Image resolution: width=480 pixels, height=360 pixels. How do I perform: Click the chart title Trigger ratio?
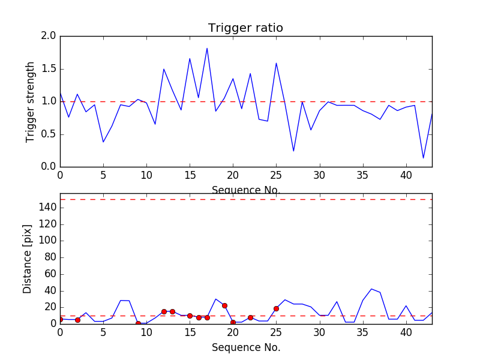pos(245,28)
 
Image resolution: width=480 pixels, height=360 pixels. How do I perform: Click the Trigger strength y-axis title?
pos(31,101)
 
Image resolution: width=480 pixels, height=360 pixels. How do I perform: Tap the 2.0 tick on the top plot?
pos(49,36)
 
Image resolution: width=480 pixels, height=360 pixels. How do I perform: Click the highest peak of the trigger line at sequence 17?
pos(207,49)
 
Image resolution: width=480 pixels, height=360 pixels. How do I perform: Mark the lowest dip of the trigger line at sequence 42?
pos(424,158)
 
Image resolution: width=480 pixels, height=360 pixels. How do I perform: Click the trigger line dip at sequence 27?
pos(293,151)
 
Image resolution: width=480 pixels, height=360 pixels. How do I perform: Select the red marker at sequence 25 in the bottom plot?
pos(276,308)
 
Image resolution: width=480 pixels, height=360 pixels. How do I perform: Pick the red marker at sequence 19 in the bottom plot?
pos(224,305)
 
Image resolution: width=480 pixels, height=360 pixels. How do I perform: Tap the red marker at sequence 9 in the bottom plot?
pos(138,323)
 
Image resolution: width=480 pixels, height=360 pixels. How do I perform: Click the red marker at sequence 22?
pos(250,317)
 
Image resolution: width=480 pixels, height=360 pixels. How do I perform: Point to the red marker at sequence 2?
pos(77,320)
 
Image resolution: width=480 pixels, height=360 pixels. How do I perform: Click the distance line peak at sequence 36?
pos(371,289)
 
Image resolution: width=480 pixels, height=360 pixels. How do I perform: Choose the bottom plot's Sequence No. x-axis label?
pos(245,347)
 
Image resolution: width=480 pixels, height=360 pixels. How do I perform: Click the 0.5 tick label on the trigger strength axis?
pos(49,134)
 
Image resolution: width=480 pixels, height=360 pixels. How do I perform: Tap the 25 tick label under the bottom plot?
pos(276,332)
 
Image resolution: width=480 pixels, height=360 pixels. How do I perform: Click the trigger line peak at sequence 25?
pos(276,63)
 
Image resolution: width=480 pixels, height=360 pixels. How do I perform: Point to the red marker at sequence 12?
pos(164,311)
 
